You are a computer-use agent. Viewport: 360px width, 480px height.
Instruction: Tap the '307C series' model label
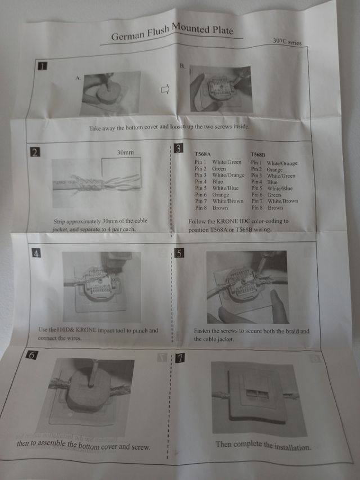point(287,42)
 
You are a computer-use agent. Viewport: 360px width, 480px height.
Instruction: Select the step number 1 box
point(42,66)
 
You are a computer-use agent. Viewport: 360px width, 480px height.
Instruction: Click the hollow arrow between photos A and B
point(165,89)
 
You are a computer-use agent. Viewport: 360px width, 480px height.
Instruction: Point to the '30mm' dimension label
point(125,152)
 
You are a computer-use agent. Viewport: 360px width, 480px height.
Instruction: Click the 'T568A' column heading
point(202,154)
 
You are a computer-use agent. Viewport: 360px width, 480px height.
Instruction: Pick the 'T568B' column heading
point(258,155)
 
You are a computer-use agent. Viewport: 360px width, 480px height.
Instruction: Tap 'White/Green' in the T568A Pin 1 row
point(227,162)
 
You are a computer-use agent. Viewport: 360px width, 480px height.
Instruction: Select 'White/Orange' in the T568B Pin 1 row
point(282,163)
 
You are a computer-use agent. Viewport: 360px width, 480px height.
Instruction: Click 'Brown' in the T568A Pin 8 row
point(220,208)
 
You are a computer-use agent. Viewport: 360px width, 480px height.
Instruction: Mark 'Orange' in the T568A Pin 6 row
point(220,195)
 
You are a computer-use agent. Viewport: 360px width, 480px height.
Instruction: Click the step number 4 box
point(36,253)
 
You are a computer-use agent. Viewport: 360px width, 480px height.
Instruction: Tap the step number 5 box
point(179,253)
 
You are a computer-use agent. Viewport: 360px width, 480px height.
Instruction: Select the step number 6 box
point(32,355)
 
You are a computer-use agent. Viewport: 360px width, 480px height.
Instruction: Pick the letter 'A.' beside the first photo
point(78,78)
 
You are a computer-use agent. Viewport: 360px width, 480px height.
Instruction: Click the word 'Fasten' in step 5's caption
point(202,331)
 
